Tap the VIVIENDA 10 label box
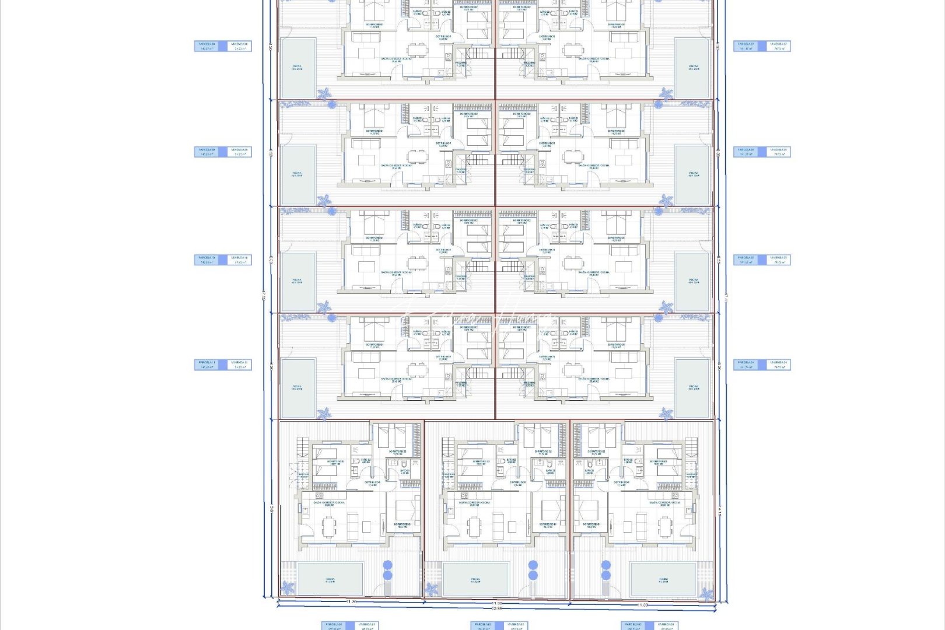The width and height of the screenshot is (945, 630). (239, 259)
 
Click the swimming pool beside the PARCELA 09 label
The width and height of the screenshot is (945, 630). (297, 174)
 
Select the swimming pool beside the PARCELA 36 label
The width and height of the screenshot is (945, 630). (692, 174)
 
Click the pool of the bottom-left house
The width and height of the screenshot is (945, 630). (330, 579)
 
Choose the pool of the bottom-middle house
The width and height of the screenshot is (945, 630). (476, 579)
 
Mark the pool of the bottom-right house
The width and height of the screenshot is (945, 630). (663, 579)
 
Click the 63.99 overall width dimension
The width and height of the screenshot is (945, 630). (497, 608)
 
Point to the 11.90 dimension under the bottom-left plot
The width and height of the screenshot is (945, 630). (351, 601)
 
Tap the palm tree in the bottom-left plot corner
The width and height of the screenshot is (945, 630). (287, 588)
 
